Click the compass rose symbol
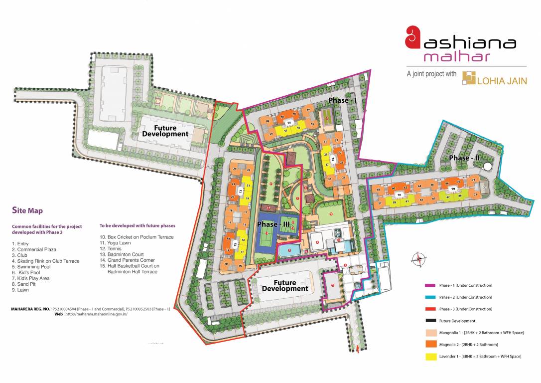coord(419,258)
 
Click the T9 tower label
coord(453,190)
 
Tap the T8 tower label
coord(399,194)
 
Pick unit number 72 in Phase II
coord(473,180)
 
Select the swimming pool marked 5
coord(289,250)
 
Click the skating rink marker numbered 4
coord(317,243)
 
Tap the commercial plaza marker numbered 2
coord(332,285)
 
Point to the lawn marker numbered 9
coord(331,214)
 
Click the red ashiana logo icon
coord(412,38)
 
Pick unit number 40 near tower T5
coord(268,121)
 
